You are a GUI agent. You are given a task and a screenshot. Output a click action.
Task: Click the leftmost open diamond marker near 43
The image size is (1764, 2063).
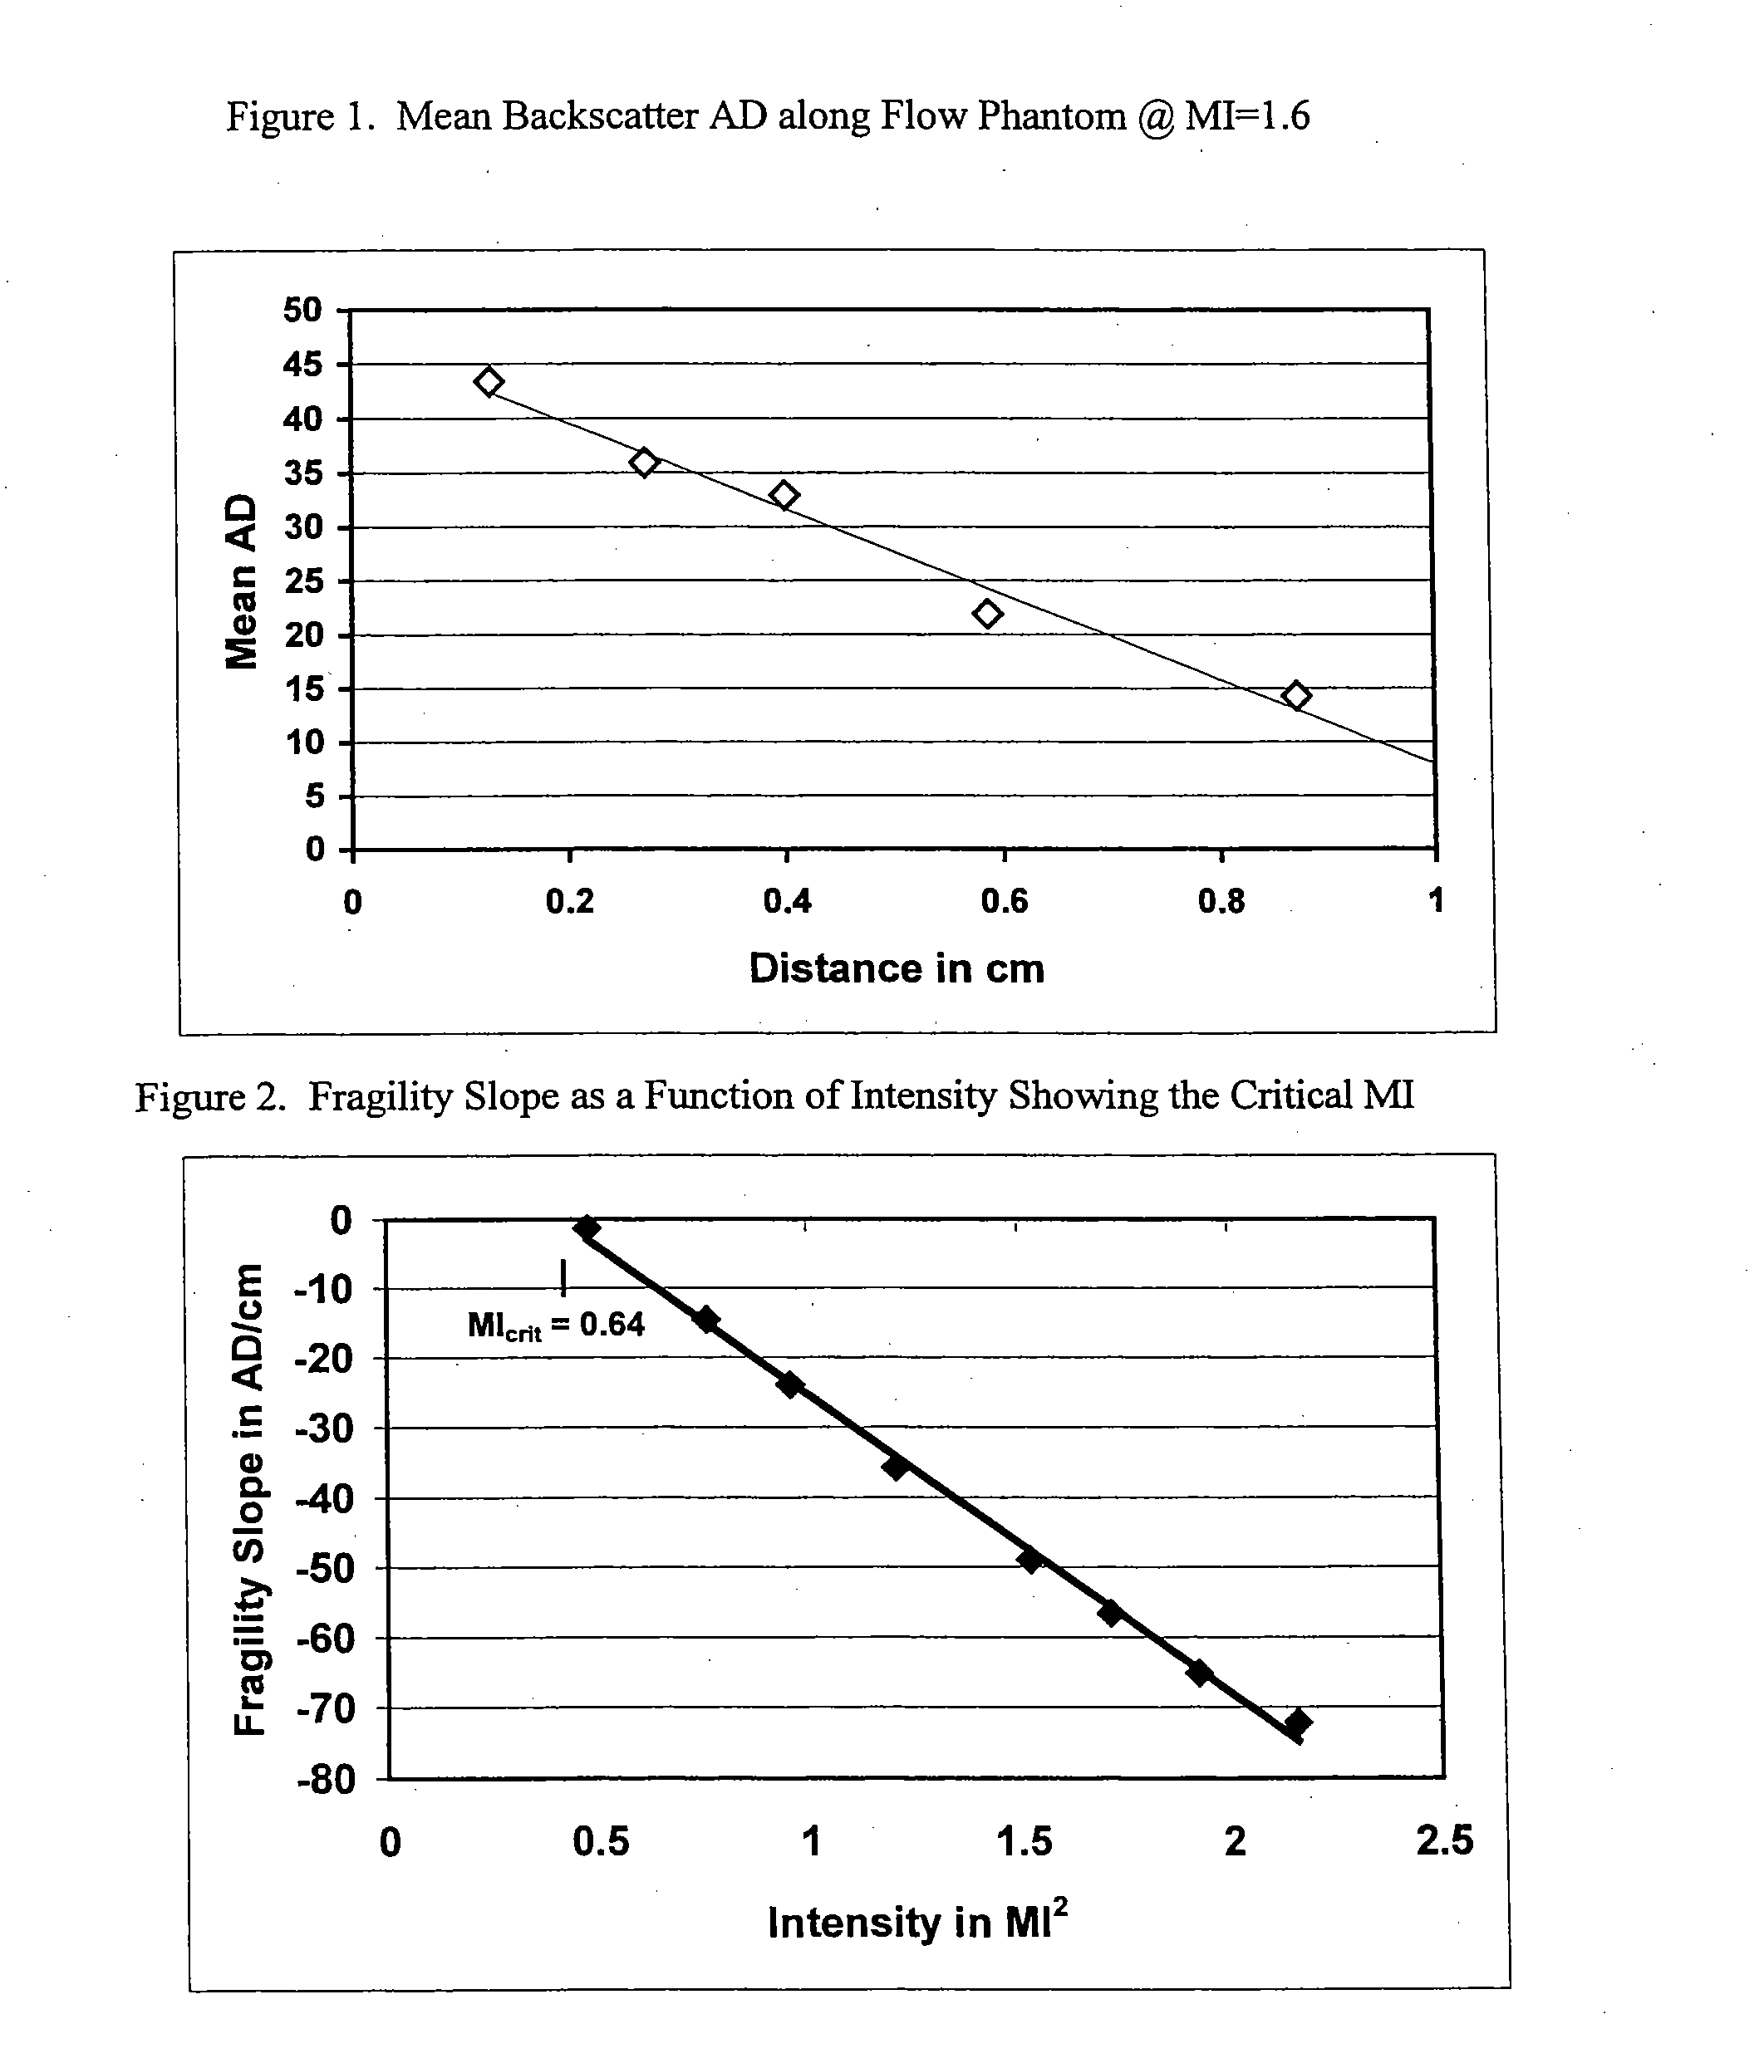click(488, 381)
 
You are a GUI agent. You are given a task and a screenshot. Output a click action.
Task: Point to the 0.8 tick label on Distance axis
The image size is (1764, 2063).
click(1221, 901)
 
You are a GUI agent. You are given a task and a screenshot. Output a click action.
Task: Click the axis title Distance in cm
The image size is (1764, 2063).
click(897, 968)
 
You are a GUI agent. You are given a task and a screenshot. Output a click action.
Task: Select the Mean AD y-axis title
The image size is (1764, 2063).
click(241, 581)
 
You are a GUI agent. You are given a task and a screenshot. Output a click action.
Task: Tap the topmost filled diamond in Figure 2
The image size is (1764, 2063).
click(586, 1228)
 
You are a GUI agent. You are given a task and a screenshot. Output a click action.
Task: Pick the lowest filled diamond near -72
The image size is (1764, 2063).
click(1297, 1722)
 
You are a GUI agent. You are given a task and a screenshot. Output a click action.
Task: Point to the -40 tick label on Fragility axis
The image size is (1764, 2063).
click(324, 1498)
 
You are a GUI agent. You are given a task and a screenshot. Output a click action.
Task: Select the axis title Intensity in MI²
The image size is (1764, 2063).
click(917, 1919)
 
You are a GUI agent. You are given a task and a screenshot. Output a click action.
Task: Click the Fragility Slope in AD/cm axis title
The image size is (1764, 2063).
click(248, 1499)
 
